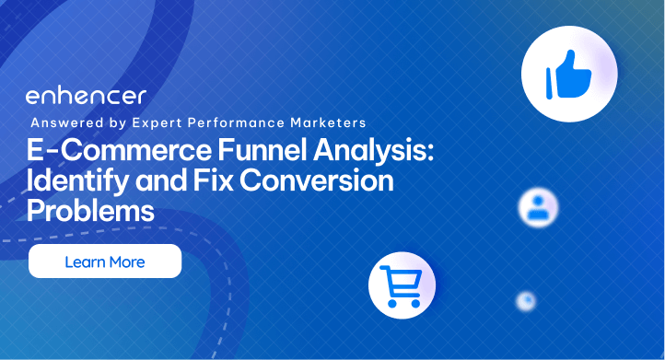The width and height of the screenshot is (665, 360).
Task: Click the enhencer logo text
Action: pyautogui.click(x=85, y=97)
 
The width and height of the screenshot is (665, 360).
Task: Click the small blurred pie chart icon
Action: pyautogui.click(x=526, y=300)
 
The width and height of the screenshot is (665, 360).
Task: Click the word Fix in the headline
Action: pyautogui.click(x=216, y=181)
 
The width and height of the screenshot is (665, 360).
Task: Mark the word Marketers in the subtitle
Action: pyautogui.click(x=332, y=122)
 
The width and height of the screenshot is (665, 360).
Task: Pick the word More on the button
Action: pyautogui.click(x=127, y=262)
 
